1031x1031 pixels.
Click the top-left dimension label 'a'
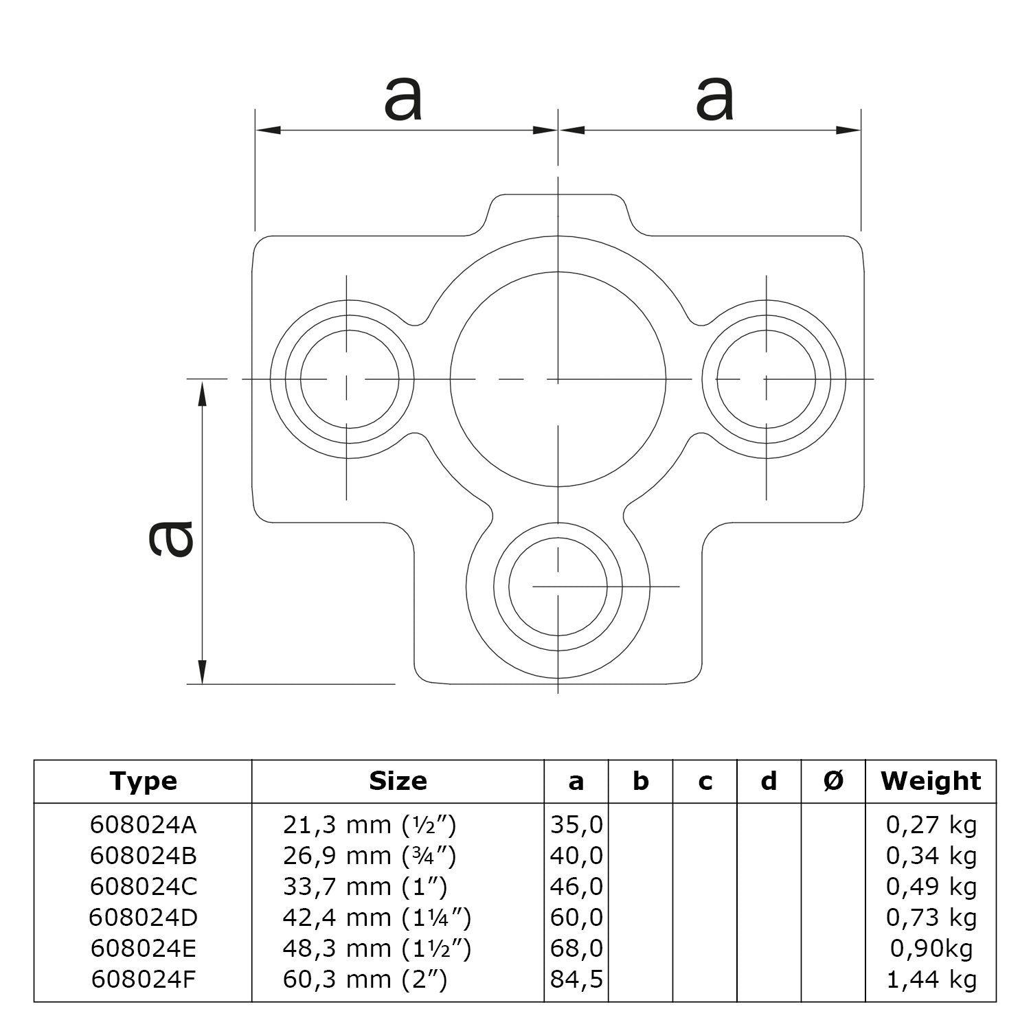click(403, 99)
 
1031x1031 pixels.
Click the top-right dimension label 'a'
click(714, 99)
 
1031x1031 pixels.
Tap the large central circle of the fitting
click(558, 378)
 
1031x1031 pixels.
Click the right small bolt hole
click(766, 378)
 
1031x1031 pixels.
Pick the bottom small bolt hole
click(558, 586)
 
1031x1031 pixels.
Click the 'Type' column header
click(143, 781)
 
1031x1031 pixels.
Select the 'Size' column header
click(398, 781)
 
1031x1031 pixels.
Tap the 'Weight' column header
click(931, 781)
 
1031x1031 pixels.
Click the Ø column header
click(833, 781)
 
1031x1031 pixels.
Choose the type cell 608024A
click(143, 824)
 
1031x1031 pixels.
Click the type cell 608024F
click(143, 979)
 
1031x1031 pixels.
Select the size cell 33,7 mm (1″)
click(365, 887)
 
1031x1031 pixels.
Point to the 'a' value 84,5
click(576, 979)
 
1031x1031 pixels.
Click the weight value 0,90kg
click(931, 949)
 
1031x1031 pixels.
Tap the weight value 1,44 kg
click(931, 979)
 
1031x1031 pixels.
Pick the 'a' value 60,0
click(576, 918)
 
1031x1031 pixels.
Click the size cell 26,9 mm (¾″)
click(369, 856)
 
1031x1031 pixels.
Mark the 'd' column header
click(769, 781)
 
